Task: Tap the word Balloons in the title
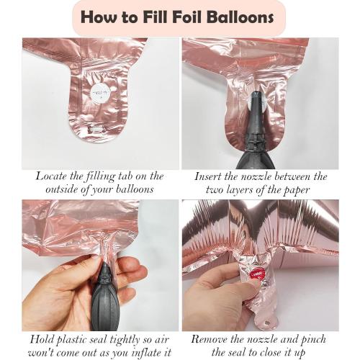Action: pos(241,17)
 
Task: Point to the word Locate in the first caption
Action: pos(51,176)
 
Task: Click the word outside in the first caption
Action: pos(61,189)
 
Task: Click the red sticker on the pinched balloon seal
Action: pos(258,274)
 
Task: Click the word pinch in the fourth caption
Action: pos(313,340)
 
